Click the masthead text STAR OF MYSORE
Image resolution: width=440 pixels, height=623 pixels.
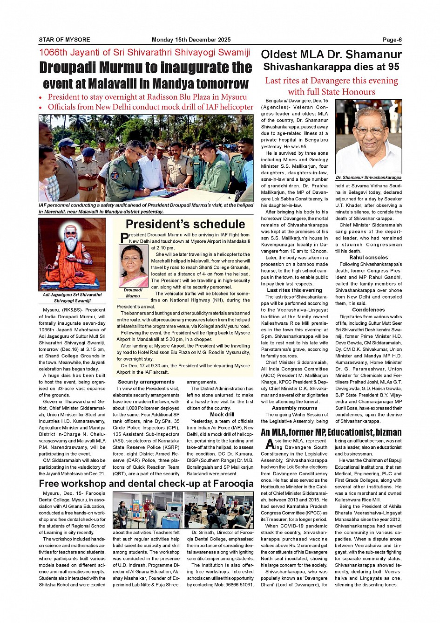(64, 40)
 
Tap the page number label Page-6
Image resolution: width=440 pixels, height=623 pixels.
(392, 40)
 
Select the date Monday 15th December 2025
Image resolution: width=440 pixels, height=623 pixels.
(191, 40)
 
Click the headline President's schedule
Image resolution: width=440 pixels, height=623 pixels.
(185, 224)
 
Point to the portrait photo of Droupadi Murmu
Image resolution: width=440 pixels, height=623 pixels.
(134, 266)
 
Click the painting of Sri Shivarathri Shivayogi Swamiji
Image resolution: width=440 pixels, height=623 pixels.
(72, 254)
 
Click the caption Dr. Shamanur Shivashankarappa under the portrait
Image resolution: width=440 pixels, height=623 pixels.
(368, 178)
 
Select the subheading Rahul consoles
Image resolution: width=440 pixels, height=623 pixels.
(368, 257)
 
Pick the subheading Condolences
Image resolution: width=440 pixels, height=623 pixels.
(368, 309)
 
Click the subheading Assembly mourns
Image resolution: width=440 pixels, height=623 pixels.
(294, 408)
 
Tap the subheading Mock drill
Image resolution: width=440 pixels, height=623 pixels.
(222, 414)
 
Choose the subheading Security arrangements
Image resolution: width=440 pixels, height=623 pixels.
(146, 382)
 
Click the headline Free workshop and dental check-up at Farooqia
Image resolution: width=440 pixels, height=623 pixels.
(146, 483)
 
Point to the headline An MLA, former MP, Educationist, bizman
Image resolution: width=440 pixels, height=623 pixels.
(331, 432)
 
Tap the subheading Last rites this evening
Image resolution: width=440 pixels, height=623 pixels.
(294, 290)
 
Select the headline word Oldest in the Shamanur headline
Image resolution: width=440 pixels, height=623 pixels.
(282, 55)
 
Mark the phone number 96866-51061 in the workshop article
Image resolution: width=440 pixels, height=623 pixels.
(239, 584)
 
